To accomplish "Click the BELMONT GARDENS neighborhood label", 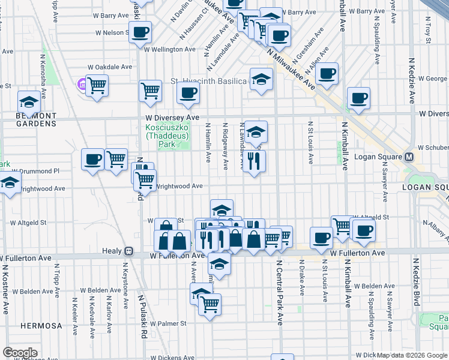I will click(28, 119).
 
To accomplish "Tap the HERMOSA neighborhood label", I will click(41, 326).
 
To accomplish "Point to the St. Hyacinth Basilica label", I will click(209, 80).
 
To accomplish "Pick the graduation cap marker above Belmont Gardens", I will click(28, 101).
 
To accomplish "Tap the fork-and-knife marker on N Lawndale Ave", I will click(254, 160).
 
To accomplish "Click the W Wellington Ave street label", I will click(169, 49).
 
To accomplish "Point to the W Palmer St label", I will click(168, 323).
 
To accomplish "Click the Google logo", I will click(20, 353).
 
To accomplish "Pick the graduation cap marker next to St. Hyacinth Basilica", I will click(261, 79).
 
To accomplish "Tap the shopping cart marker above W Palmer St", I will click(209, 304).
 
